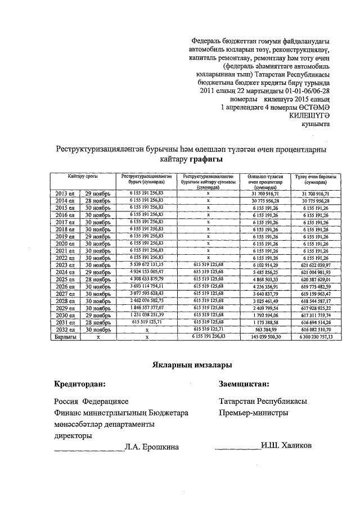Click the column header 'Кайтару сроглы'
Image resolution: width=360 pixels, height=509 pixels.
[x=83, y=177]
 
